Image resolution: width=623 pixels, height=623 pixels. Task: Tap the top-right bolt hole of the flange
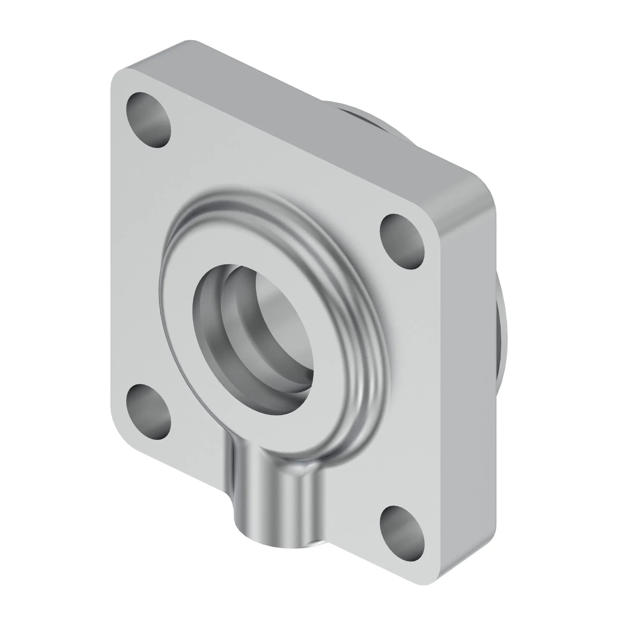pos(402,241)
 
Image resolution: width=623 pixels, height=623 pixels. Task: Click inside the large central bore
pos(277,326)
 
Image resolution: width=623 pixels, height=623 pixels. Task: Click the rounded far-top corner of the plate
pos(190,44)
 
